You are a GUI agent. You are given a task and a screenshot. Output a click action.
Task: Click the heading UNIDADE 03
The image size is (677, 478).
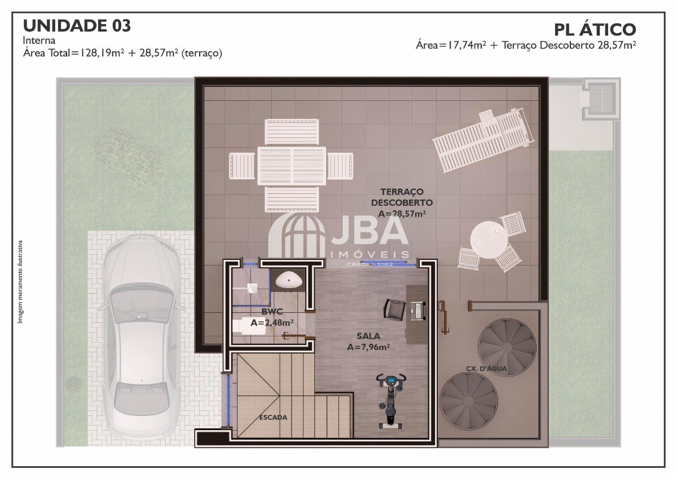pyautogui.click(x=77, y=26)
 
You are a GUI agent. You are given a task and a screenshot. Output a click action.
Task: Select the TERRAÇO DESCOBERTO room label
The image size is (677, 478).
pyautogui.click(x=402, y=197)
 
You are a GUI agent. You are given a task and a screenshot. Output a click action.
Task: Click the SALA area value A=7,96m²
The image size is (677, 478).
pyautogui.click(x=368, y=347)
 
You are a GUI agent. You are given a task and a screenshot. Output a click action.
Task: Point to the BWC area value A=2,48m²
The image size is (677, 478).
pyautogui.click(x=272, y=323)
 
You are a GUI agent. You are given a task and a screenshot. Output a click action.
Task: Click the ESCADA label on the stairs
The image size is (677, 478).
pyautogui.click(x=273, y=418)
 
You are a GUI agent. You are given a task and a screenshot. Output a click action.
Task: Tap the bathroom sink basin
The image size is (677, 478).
pyautogui.click(x=287, y=280)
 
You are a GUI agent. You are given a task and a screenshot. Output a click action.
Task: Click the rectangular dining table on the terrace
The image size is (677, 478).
pyautogui.click(x=292, y=166)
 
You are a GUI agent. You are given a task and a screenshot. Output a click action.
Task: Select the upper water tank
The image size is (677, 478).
pyautogui.click(x=507, y=347)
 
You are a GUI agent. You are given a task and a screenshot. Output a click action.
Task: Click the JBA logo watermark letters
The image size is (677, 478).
pyautogui.click(x=370, y=231)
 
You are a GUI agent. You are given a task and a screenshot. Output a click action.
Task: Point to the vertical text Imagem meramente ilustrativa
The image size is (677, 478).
pyautogui.click(x=20, y=282)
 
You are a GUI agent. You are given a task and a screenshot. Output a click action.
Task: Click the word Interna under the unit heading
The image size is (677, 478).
pyautogui.click(x=39, y=40)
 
